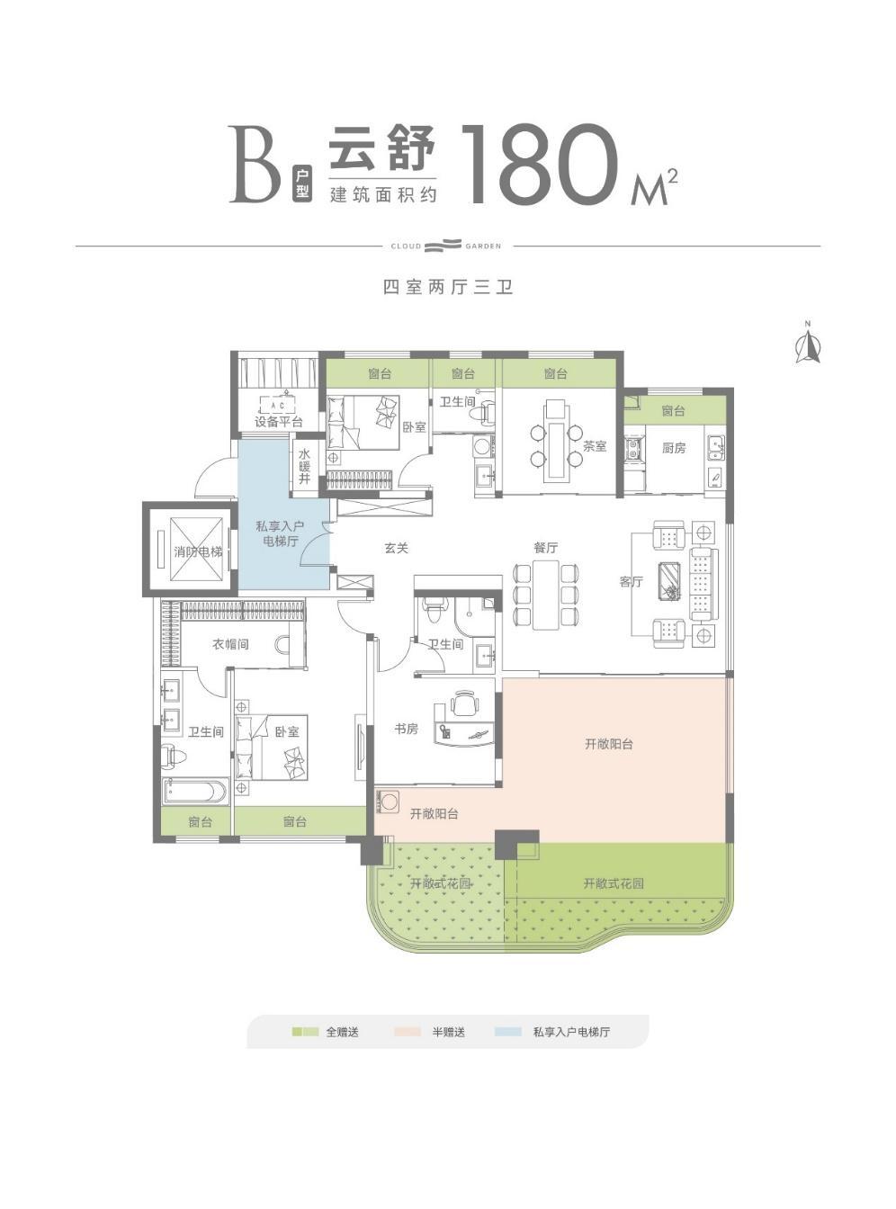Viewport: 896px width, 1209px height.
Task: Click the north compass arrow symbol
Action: (x=808, y=344)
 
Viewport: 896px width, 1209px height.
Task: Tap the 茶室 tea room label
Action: (x=595, y=446)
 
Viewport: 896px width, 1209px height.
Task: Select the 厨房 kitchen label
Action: (x=674, y=447)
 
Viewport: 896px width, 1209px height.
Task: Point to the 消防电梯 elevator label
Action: (x=198, y=551)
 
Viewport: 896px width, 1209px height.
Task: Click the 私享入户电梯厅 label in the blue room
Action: (x=280, y=533)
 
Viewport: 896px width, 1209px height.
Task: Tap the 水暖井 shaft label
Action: (x=304, y=467)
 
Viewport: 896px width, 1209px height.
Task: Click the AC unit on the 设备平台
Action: (x=278, y=406)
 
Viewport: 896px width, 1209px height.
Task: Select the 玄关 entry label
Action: (x=397, y=548)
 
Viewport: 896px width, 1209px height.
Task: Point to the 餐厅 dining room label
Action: (x=546, y=547)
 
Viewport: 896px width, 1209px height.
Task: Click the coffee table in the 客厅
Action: (x=670, y=581)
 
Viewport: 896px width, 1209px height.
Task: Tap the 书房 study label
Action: (x=407, y=729)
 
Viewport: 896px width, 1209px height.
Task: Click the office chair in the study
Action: (x=464, y=703)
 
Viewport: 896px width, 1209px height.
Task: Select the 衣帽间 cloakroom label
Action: (x=230, y=644)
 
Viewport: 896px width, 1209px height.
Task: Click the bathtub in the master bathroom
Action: (x=195, y=792)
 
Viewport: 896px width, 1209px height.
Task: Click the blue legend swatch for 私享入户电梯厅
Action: (x=508, y=1032)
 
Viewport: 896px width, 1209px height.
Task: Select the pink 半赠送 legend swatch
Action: (x=407, y=1032)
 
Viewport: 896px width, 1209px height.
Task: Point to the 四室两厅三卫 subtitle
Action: (x=448, y=287)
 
